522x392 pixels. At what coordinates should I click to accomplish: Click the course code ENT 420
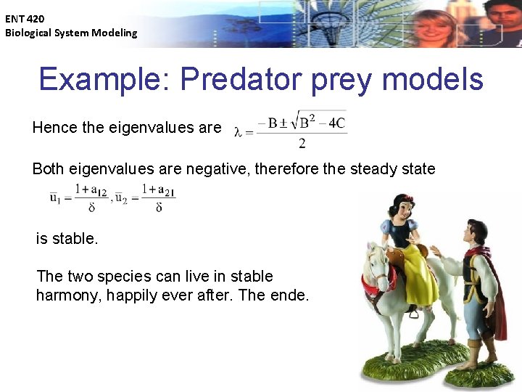click(25, 20)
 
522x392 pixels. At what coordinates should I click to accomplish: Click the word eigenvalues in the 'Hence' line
click(148, 128)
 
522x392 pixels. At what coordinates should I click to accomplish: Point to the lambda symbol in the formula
click(238, 131)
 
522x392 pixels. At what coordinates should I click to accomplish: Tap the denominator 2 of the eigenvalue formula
click(302, 143)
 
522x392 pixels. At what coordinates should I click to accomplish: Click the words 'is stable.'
click(67, 238)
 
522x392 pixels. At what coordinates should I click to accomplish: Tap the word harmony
click(68, 295)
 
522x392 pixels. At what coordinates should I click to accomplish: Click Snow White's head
click(397, 205)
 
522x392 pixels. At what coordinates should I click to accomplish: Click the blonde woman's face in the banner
click(437, 29)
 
